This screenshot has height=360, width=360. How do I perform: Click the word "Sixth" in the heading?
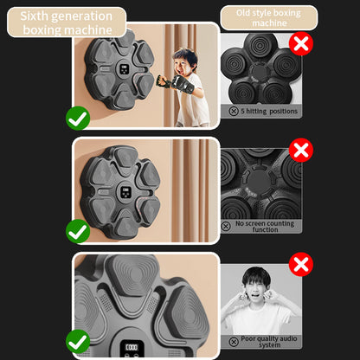34,16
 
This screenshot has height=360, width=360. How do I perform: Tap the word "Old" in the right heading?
243,13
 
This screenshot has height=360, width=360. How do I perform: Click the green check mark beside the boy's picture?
78,119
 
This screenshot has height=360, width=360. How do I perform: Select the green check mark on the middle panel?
78,231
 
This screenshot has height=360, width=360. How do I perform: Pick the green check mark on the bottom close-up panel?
78,342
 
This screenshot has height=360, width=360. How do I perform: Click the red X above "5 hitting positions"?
301,43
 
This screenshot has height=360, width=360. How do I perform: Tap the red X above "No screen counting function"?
301,150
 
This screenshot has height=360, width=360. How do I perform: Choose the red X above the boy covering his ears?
301,264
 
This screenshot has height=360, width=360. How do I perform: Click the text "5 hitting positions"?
269,111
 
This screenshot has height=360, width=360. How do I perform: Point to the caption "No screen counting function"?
265,227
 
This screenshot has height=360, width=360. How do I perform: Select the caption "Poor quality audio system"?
269,342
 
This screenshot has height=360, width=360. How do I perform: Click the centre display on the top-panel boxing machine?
125,69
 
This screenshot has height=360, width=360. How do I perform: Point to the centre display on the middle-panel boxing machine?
125,192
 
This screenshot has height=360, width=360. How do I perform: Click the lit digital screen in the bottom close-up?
132,348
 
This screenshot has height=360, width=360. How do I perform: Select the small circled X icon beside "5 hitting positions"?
234,112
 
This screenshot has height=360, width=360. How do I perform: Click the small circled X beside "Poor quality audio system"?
234,342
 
